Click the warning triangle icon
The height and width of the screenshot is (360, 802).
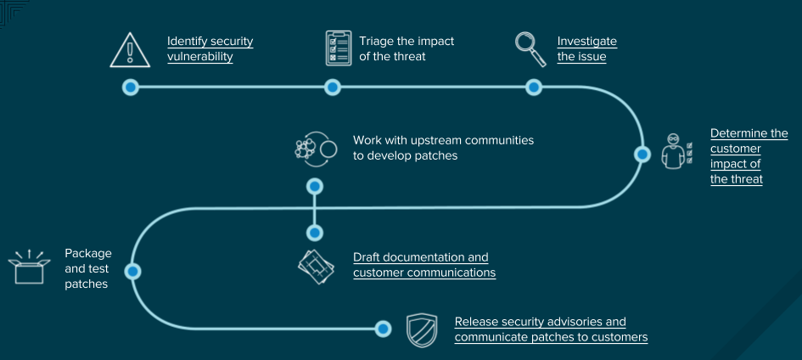130,50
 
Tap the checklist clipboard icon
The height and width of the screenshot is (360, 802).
339,48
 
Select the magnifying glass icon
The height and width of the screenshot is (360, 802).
531,49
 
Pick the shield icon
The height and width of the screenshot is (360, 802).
422,330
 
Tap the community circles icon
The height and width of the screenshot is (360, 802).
315,149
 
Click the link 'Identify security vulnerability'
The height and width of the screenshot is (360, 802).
210,49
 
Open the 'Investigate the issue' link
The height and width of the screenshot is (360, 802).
586,49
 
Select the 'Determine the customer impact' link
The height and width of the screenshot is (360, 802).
749,156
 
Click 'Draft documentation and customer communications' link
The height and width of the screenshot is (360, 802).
423,265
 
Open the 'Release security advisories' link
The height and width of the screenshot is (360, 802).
551,329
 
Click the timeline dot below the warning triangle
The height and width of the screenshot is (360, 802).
130,87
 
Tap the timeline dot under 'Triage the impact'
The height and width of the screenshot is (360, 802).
333,87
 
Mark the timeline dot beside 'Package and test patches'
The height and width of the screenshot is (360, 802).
132,271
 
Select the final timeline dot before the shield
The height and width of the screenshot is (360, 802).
383,329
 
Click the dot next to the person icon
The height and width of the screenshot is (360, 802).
642,155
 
